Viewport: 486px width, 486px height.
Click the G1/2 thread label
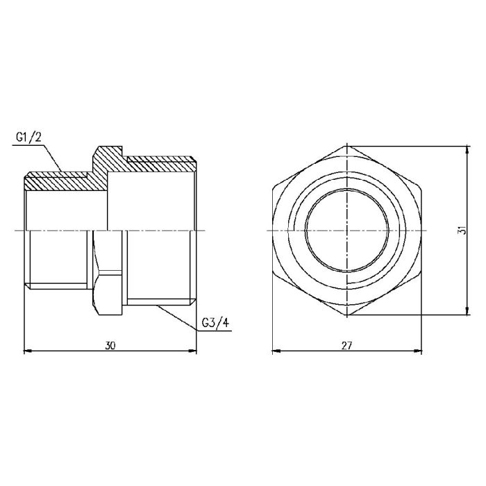coord(28,137)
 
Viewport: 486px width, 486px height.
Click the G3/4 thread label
coord(214,324)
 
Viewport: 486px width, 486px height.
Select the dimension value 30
coord(110,345)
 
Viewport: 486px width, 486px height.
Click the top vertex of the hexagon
coord(346,146)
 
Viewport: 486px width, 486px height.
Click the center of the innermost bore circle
coord(346,230)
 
